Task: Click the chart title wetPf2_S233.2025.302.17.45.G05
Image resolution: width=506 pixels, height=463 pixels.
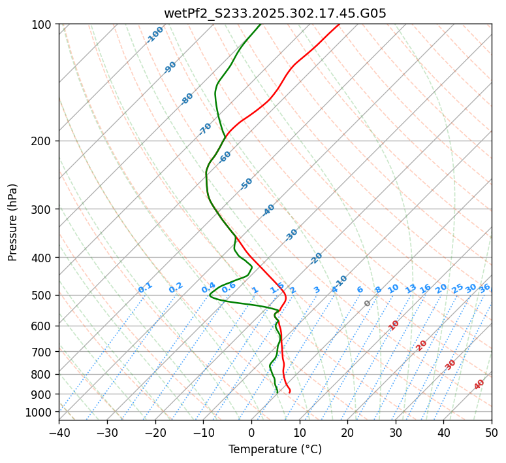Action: [x=275, y=13]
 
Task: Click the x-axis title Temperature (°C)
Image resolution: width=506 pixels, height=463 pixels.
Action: [x=275, y=449]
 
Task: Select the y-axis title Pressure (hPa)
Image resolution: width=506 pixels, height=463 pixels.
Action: [x=13, y=222]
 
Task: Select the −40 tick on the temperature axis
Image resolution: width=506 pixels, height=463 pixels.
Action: [x=59, y=432]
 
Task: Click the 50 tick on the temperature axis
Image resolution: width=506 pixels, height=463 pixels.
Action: [x=492, y=432]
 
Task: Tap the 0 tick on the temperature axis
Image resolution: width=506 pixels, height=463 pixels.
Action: [x=251, y=432]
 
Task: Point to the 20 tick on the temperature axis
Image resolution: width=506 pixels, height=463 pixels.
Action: [x=347, y=432]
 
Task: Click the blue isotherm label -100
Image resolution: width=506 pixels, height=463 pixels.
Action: [x=155, y=35]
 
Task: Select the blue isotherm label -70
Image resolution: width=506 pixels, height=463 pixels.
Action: [x=205, y=129]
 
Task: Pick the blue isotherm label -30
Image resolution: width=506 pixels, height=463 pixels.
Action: [x=291, y=235]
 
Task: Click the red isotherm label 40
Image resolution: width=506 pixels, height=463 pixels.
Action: [x=479, y=385]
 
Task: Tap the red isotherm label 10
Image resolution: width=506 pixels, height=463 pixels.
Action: [x=394, y=325]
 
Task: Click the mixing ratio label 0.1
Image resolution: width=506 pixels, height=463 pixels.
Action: [x=145, y=287]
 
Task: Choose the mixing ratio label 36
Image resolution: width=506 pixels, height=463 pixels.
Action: [x=484, y=288]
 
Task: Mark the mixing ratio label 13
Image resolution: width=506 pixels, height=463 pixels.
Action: [x=411, y=288]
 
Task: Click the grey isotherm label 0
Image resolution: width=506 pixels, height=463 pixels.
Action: [x=368, y=303]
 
